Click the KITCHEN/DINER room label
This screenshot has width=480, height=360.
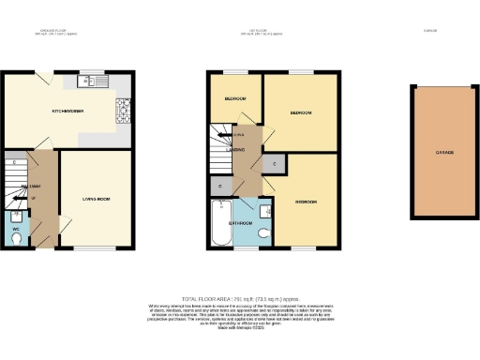67,112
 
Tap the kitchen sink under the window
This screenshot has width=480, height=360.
94,82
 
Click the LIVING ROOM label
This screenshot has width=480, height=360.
97,199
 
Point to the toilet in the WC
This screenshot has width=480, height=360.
16,236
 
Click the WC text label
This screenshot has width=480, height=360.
16,227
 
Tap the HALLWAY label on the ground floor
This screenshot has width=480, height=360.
30,187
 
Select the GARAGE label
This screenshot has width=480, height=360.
443,152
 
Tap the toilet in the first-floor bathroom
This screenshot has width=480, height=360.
265,232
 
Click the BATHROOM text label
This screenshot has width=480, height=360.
241,223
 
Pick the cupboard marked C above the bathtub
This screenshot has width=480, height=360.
219,187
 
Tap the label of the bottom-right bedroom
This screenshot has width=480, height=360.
305,202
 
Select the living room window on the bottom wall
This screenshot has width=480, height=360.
96,248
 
